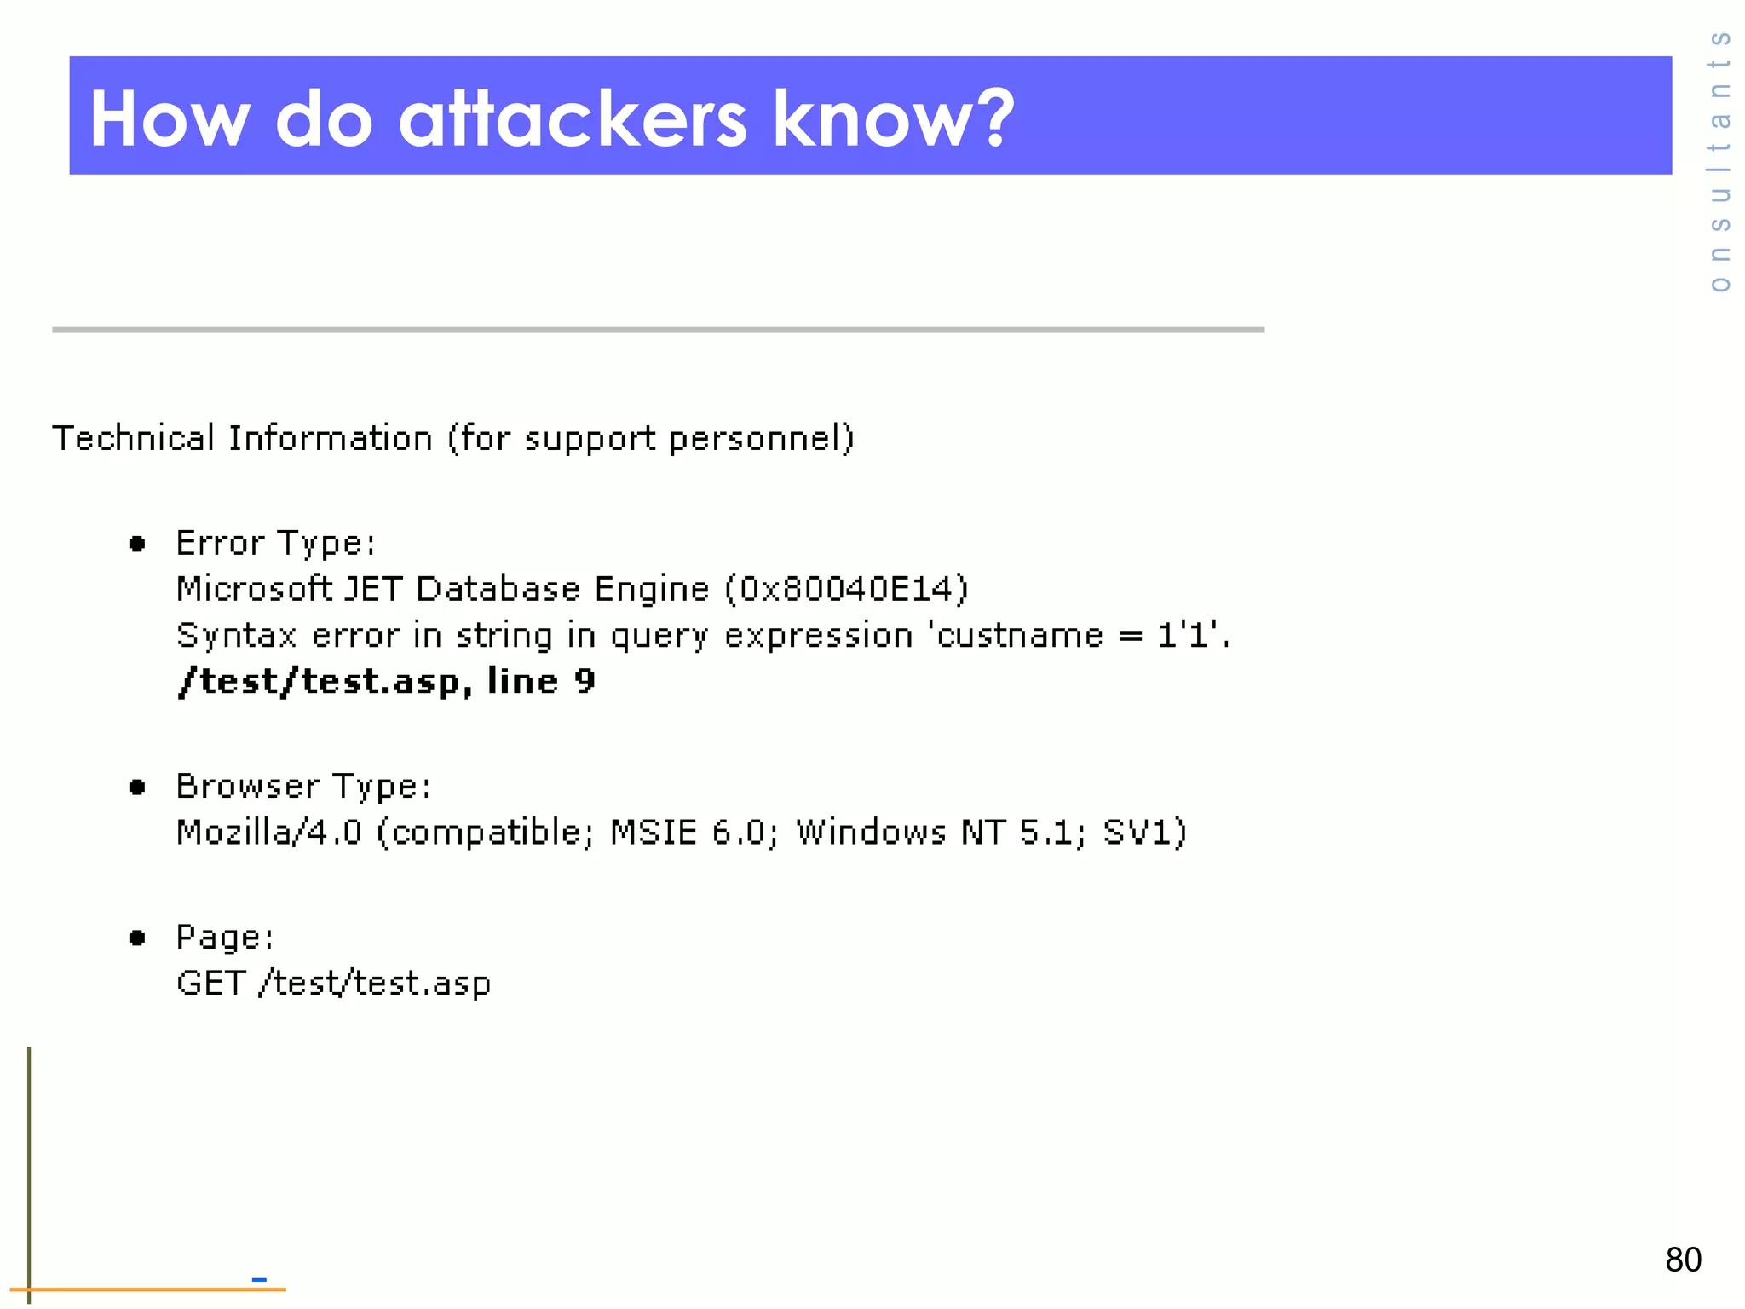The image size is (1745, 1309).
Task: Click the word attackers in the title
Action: (573, 119)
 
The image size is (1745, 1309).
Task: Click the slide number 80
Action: (1683, 1260)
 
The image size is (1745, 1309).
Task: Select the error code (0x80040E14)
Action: (846, 589)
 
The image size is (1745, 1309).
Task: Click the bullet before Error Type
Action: (137, 544)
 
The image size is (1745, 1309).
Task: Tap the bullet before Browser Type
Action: (137, 787)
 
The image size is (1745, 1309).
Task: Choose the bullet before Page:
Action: (137, 938)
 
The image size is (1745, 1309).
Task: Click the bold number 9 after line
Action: (585, 681)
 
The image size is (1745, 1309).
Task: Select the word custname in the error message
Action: (1019, 636)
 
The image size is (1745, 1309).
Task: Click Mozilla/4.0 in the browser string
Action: (269, 832)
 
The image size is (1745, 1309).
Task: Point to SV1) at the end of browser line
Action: (1144, 832)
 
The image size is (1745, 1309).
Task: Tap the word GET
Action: (210, 983)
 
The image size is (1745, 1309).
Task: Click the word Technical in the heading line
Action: (133, 438)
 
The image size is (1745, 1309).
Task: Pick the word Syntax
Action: (236, 637)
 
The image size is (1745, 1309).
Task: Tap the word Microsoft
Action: (253, 589)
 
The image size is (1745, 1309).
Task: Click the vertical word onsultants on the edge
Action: (1720, 162)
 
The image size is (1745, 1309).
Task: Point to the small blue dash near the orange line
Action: (259, 1279)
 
